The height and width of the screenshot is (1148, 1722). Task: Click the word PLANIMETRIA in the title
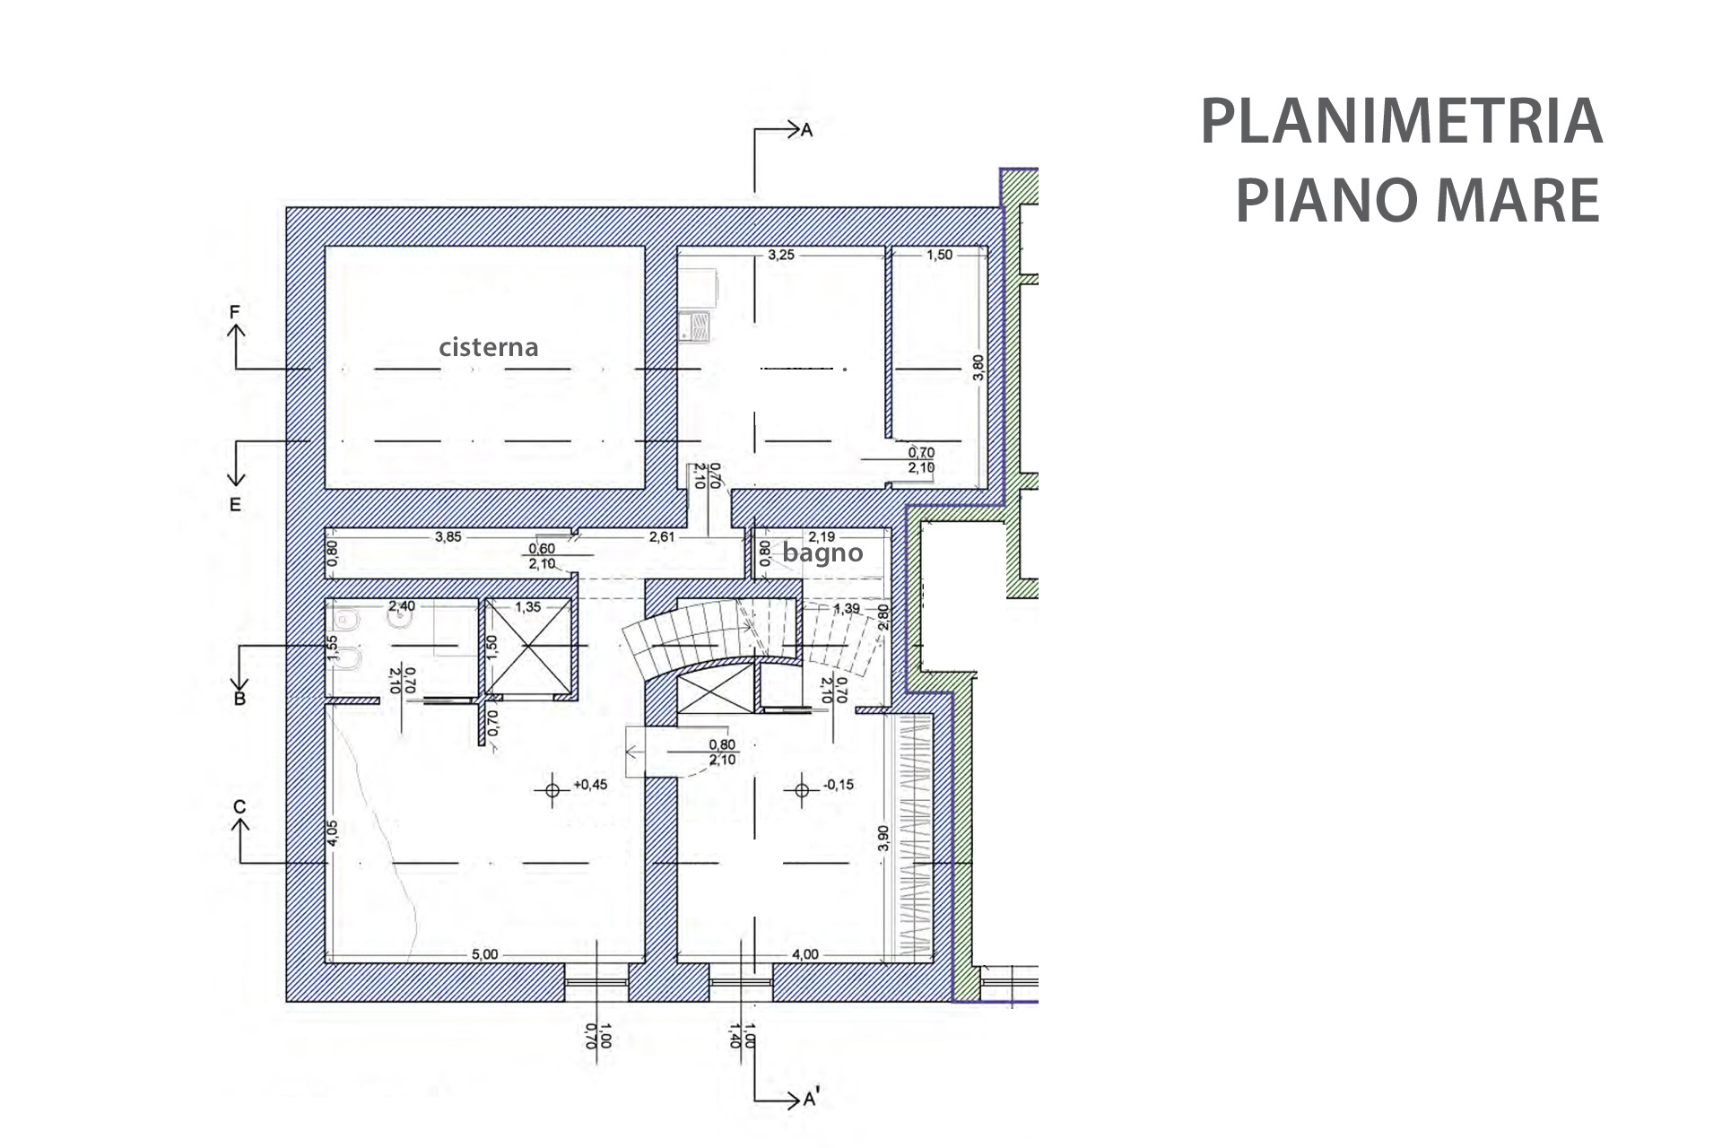(x=1401, y=122)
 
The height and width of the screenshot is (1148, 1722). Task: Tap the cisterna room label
(x=488, y=347)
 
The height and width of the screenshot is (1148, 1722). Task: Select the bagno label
(x=822, y=552)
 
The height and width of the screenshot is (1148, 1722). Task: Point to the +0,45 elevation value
(x=590, y=785)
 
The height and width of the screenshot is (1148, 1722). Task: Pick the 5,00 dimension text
(x=484, y=954)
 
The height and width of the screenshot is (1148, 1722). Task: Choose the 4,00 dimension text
(x=805, y=954)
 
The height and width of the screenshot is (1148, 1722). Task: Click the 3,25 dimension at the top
(x=780, y=255)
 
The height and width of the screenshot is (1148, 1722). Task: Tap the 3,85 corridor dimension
(x=448, y=537)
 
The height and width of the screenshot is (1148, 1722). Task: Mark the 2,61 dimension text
(x=662, y=537)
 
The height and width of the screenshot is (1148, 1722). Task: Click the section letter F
(x=235, y=312)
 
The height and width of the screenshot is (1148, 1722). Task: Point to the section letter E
(x=235, y=505)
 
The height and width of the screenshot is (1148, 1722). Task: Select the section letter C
(x=239, y=807)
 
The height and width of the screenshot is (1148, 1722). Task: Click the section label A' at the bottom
(x=811, y=1100)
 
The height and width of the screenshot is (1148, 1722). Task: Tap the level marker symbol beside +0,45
(x=552, y=790)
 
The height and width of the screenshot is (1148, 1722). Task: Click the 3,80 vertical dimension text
(x=978, y=368)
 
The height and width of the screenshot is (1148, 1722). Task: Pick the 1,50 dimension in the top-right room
(x=939, y=255)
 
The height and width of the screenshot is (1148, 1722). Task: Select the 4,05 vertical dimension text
(x=333, y=833)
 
